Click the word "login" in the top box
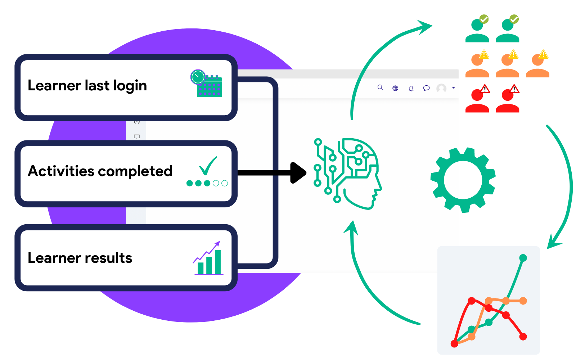130,86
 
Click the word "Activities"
61,171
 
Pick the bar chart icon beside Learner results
208,259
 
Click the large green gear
463,180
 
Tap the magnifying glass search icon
380,87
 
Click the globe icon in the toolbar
395,88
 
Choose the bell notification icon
411,88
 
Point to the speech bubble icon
426,88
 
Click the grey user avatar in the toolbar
441,88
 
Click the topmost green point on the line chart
523,258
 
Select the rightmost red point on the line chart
523,337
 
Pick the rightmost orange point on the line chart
523,301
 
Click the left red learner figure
477,101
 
